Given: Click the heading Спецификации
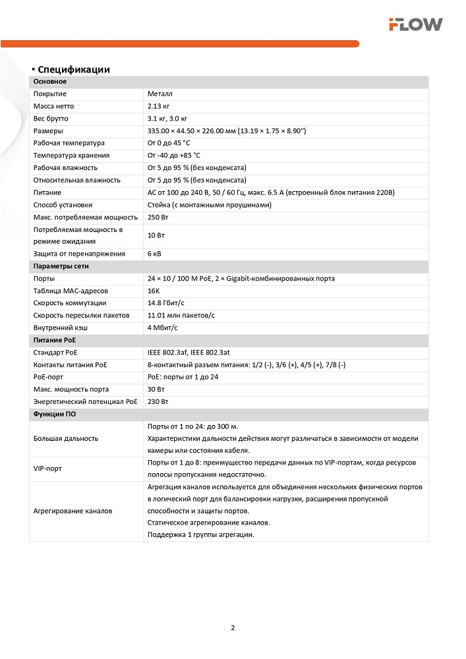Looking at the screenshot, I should (x=73, y=70).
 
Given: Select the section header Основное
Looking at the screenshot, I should (x=50, y=82).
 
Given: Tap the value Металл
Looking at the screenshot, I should (x=160, y=94).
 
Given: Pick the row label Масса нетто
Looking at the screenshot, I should (x=54, y=106).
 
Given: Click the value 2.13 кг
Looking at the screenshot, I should (x=159, y=106).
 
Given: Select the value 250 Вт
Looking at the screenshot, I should (x=158, y=217).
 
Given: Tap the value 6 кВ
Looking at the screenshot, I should (x=155, y=254).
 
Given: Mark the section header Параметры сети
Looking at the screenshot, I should (x=61, y=266).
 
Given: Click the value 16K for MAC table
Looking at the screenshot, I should (x=154, y=291).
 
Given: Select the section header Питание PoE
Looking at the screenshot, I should (x=54, y=340).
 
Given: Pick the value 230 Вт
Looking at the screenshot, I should (x=158, y=401).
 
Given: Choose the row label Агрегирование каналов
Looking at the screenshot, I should (x=73, y=511).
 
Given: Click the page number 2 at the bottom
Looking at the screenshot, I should (x=233, y=627).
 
